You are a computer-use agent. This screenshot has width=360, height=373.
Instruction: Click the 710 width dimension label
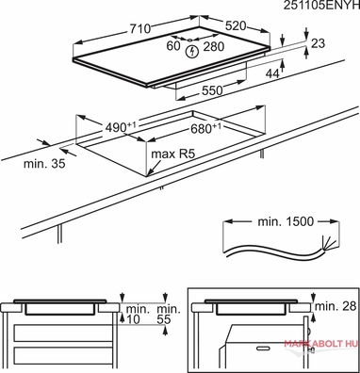pos(140,29)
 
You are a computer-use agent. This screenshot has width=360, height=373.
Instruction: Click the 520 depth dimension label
pos(236,25)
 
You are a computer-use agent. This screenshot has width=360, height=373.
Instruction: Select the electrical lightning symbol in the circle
pos(191,52)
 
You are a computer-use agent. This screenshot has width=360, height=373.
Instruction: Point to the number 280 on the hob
pos(214,47)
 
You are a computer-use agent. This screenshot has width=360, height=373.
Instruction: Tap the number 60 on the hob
pos(173,46)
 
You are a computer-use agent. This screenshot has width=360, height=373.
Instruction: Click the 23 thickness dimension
pos(318,43)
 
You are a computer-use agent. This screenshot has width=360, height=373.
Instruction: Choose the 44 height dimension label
pos(272,73)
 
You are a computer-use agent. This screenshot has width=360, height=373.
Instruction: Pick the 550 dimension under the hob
pos(212,90)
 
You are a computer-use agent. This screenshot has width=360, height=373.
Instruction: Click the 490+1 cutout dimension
pos(121,127)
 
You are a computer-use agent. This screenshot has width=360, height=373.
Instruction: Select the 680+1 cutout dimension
pos(205,128)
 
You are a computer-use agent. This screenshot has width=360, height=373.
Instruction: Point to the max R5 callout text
pos(173,154)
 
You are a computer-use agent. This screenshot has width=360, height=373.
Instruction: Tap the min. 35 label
pos(44,164)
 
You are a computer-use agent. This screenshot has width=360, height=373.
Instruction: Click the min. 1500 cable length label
pos(286,221)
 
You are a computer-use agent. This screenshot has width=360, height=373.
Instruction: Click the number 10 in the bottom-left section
pos(133,319)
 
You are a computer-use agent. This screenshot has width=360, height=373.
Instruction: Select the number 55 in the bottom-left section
pos(163,319)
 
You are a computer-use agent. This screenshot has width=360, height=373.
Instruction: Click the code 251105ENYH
pos(321,6)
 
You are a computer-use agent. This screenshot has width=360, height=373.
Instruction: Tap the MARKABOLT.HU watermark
pos(321,343)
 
